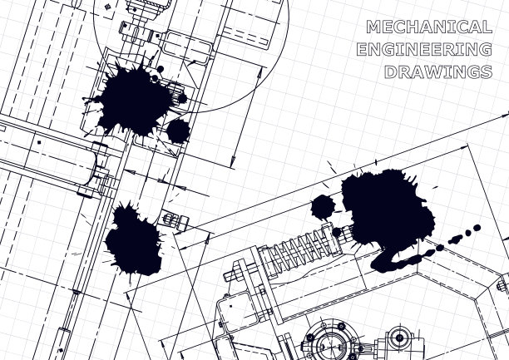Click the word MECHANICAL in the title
click(x=429, y=27)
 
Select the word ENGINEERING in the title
click(x=424, y=49)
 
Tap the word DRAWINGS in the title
click(x=438, y=72)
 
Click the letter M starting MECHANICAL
click(x=373, y=27)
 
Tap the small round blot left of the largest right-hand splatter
click(x=323, y=207)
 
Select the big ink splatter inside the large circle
click(x=133, y=99)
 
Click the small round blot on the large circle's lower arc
click(x=178, y=131)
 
